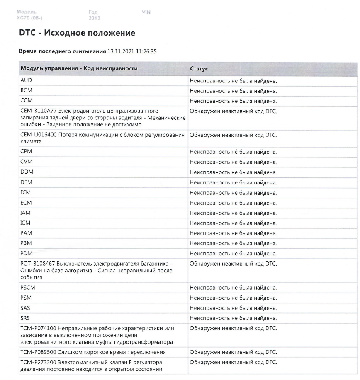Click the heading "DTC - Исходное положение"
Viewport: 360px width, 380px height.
click(77, 33)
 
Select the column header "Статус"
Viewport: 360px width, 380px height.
click(199, 68)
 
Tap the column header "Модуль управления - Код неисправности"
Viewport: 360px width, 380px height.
click(79, 68)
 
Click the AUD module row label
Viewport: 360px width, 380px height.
click(26, 80)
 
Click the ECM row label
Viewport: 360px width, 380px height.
click(26, 203)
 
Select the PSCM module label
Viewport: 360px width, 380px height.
click(28, 288)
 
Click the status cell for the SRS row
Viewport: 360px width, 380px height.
click(233, 318)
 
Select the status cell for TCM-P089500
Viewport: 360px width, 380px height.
click(233, 352)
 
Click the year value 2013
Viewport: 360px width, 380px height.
click(94, 18)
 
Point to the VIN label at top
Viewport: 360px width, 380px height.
click(146, 12)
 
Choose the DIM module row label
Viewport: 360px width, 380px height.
click(25, 193)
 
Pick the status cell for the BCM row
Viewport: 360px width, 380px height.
click(233, 91)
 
